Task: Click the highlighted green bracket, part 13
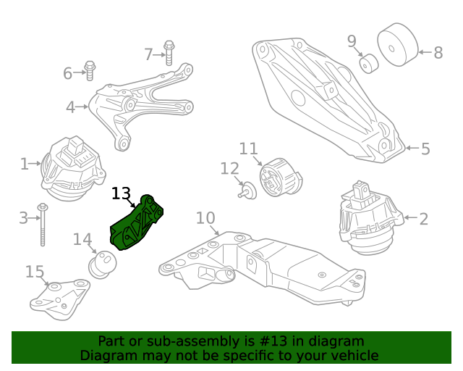(137, 225)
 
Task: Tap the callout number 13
(121, 194)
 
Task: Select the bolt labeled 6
(91, 70)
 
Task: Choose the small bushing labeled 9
(369, 64)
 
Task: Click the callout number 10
(205, 217)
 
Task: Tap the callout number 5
(425, 149)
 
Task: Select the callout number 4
(70, 108)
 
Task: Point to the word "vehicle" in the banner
(354, 356)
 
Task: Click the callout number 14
(82, 239)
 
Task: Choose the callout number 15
(35, 272)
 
